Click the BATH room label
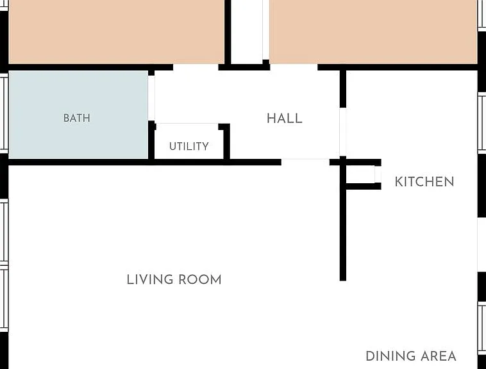(77, 118)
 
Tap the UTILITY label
(189, 146)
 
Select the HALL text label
(285, 119)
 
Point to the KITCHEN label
(424, 182)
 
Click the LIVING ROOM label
(174, 279)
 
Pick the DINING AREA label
(411, 356)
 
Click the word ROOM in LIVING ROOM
(200, 279)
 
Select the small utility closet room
(189, 142)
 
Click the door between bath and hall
(151, 98)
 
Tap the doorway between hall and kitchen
(343, 132)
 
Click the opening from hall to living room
(305, 162)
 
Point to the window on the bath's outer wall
(4, 113)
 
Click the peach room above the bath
(117, 31)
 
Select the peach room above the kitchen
(373, 31)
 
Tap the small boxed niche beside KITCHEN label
(360, 174)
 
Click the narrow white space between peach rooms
(247, 31)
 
